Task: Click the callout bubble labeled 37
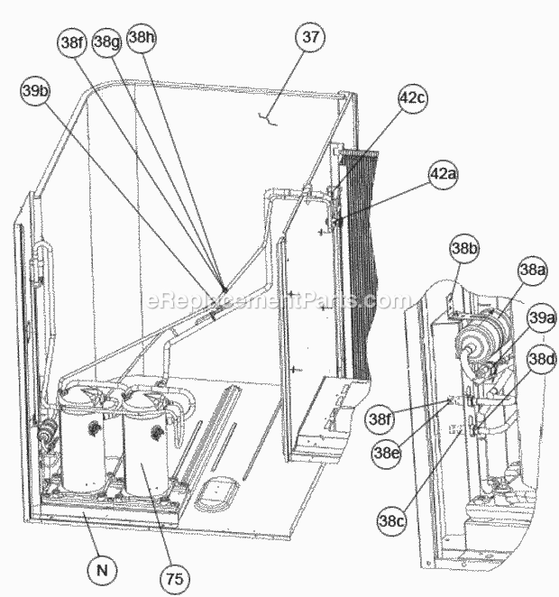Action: coord(310,37)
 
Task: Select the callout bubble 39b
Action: coord(36,91)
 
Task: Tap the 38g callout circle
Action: coord(107,42)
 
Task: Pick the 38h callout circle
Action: coord(142,38)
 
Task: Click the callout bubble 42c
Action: coord(413,98)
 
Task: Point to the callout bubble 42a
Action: coord(444,174)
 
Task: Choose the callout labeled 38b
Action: coord(464,248)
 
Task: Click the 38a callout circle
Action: coord(532,271)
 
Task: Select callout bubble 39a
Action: coord(542,318)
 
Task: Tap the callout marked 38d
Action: coord(542,359)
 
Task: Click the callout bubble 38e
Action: coord(386,453)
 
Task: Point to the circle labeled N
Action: coord(102,570)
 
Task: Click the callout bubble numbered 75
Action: coord(174,578)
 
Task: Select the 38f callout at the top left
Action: coord(72,42)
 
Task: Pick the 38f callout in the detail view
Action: coord(380,418)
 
